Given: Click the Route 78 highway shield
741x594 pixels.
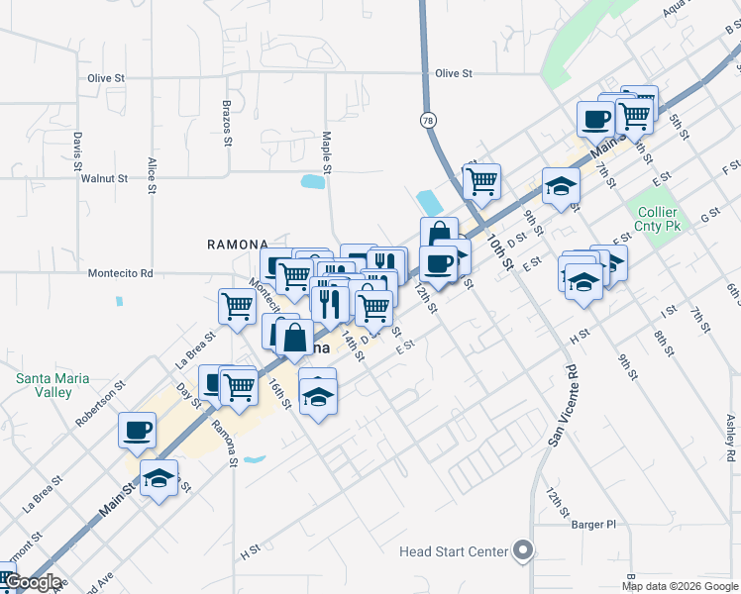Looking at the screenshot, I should pyautogui.click(x=427, y=120).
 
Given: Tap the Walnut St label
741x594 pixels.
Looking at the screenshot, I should pyautogui.click(x=105, y=179).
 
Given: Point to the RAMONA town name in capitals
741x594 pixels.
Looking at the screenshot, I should pyautogui.click(x=237, y=245).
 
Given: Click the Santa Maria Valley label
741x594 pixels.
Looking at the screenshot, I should pyautogui.click(x=53, y=385).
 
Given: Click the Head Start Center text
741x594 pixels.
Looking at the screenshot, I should pyautogui.click(x=454, y=551).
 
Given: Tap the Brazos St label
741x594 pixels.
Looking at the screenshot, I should pyautogui.click(x=227, y=123).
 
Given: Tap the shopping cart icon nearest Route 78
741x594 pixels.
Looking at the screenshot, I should pyautogui.click(x=481, y=181).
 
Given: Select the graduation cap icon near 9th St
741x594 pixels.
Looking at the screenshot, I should pyautogui.click(x=561, y=186).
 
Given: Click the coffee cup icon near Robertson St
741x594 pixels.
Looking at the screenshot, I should pyautogui.click(x=138, y=430).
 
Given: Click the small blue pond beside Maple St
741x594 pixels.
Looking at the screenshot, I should pyautogui.click(x=313, y=181).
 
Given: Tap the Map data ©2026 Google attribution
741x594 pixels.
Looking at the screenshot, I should pyautogui.click(x=679, y=586).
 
